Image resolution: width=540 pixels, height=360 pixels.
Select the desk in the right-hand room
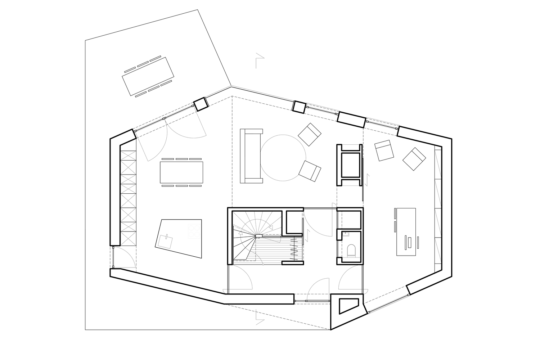[x=406, y=232]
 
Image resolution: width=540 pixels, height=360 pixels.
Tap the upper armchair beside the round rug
[x=309, y=134]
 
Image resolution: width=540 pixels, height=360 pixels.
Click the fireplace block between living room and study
[x=349, y=165]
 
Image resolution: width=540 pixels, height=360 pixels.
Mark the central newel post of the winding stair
[x=259, y=236]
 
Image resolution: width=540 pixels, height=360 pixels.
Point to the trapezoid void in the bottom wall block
[x=348, y=305]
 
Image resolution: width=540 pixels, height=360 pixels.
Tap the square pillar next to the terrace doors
[x=201, y=104]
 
